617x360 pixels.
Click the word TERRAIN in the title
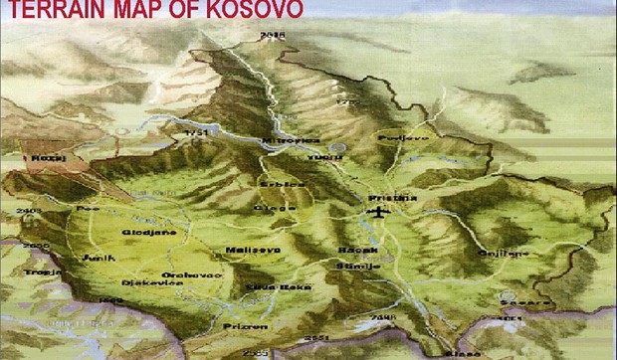[48, 11]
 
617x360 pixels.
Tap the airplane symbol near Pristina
[377, 213]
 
